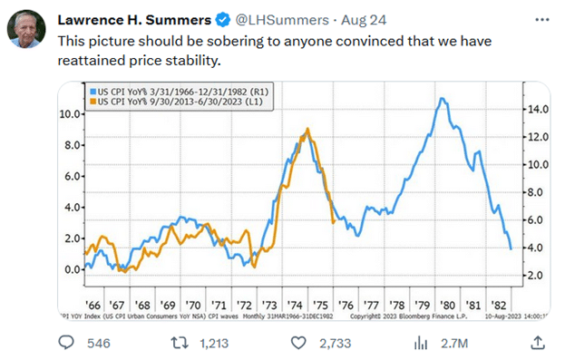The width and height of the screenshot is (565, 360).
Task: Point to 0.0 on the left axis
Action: click(x=71, y=269)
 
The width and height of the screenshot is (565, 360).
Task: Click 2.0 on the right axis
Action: click(x=535, y=274)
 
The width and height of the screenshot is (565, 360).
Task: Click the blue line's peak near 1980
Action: click(x=441, y=98)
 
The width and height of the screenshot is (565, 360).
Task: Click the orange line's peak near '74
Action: click(x=308, y=130)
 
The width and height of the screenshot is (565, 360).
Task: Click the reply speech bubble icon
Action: click(x=66, y=343)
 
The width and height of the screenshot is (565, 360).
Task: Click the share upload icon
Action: click(x=537, y=342)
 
